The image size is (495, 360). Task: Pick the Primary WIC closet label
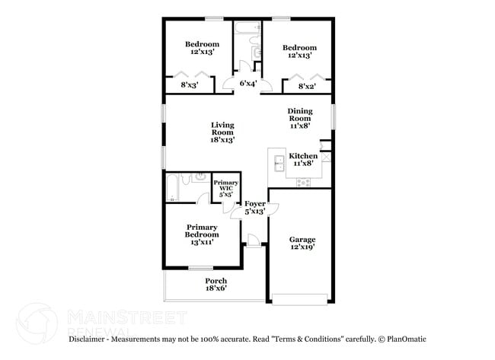(x=225, y=187)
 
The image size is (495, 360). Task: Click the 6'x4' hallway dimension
(x=247, y=84)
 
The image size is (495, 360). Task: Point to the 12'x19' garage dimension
(x=302, y=247)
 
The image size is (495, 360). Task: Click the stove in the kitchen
(x=304, y=182)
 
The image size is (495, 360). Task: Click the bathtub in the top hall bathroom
(x=244, y=29)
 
